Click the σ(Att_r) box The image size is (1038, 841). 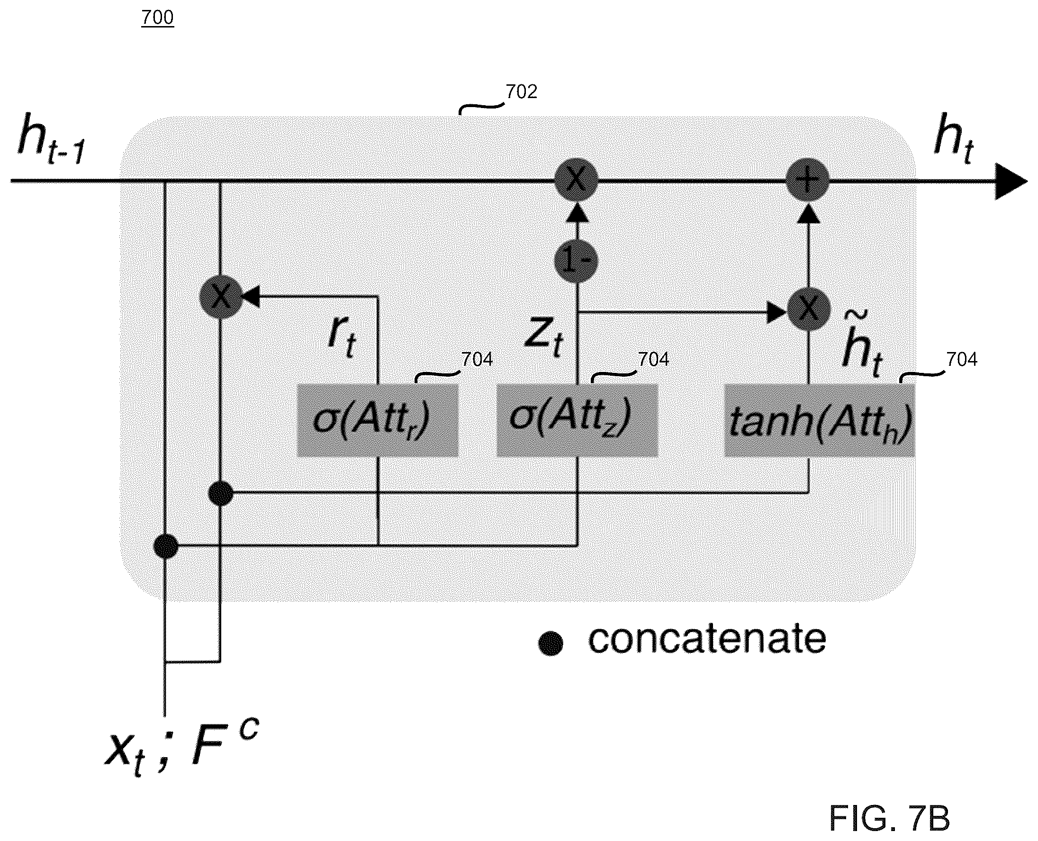(x=377, y=420)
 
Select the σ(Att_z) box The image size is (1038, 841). (x=577, y=420)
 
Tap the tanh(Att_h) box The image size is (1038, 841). (x=820, y=420)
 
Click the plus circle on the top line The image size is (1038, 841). (x=807, y=179)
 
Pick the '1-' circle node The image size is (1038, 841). (x=577, y=262)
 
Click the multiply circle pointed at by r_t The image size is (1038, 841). (x=221, y=297)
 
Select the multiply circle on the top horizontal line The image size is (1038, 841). (x=577, y=179)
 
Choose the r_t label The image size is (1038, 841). (x=342, y=338)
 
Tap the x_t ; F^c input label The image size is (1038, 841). (x=181, y=747)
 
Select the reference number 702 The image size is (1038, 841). (x=521, y=91)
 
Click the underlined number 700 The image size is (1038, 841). (x=157, y=18)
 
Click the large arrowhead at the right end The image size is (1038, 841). (x=1011, y=181)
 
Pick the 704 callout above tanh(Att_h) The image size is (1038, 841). (x=961, y=360)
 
